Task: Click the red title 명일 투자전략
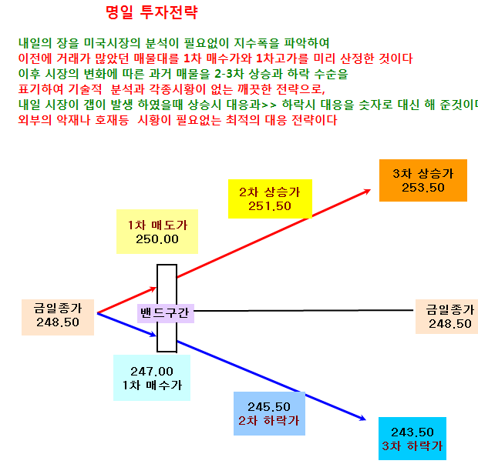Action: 152,12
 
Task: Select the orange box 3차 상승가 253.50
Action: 423,180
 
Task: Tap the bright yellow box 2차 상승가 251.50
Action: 270,199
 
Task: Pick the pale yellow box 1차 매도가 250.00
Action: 157,232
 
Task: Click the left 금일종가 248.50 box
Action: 58,317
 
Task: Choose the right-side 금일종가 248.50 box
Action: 447,316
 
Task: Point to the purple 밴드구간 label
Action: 166,313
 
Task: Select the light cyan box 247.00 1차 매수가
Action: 152,378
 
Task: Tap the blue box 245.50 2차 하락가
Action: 270,413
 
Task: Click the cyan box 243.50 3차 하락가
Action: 412,439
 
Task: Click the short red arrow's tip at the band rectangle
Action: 156,288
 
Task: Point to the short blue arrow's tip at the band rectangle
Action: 156,335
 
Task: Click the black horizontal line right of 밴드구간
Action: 304,311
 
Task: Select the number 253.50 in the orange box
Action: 423,188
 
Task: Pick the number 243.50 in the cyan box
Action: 412,432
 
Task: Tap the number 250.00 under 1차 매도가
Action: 157,239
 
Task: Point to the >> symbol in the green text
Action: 269,105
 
